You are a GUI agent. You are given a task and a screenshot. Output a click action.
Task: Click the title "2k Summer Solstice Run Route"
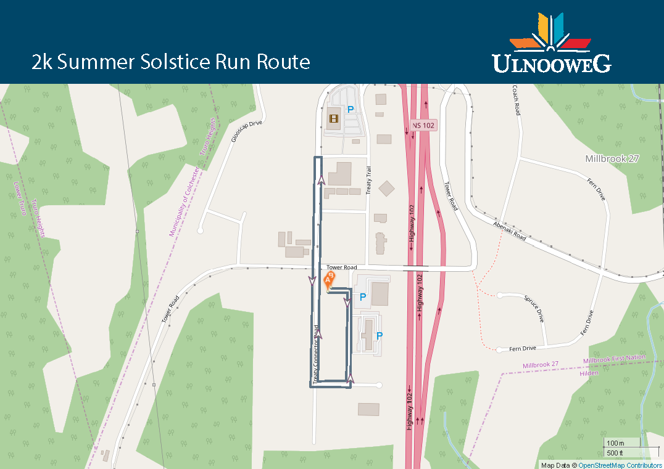pos(171,62)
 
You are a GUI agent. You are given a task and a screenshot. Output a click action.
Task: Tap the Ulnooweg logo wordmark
pos(551,63)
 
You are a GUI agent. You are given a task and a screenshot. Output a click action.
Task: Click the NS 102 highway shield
pos(423,125)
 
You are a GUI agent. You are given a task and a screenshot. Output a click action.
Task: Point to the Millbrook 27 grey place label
pos(612,158)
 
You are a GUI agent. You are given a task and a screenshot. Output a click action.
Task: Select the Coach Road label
pos(517,100)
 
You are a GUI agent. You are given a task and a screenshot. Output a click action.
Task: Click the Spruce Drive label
pos(533,308)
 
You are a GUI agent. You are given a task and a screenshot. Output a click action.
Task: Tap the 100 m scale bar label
pos(615,443)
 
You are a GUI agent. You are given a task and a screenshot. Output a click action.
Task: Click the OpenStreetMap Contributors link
pos(620,465)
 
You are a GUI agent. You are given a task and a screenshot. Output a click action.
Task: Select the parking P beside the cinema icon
pos(351,110)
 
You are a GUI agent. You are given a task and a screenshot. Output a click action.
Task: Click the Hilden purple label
pos(589,373)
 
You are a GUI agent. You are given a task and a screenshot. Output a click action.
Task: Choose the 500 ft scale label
pos(615,454)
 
